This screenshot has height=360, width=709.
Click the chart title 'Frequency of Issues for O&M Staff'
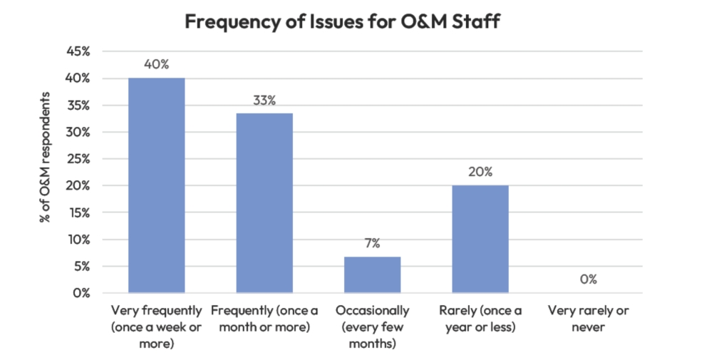(343, 21)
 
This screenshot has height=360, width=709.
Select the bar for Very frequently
(156, 185)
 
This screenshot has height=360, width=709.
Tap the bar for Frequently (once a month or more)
(264, 203)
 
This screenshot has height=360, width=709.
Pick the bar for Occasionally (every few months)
(372, 274)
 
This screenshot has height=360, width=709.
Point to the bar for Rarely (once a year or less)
(480, 239)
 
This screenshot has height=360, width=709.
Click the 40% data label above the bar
(156, 64)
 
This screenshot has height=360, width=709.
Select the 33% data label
(264, 100)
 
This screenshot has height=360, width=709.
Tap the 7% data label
(372, 243)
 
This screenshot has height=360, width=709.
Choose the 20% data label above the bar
(480, 172)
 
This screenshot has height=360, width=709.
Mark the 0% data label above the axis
(588, 279)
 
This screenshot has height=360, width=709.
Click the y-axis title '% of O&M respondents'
(46, 157)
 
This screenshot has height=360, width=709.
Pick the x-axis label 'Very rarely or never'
(588, 319)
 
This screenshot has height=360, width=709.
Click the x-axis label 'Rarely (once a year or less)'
(480, 319)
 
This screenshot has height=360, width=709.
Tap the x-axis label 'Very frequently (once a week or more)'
(156, 327)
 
